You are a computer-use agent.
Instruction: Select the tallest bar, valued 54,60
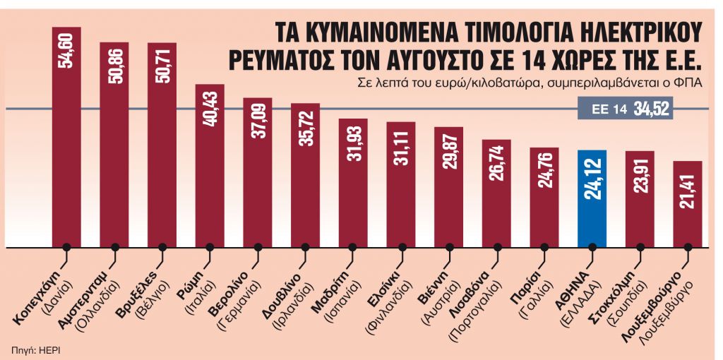pyautogui.click(x=66, y=141)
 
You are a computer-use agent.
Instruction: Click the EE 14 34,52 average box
pyautogui.click(x=623, y=109)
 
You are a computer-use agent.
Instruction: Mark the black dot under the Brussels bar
pyautogui.click(x=162, y=247)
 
